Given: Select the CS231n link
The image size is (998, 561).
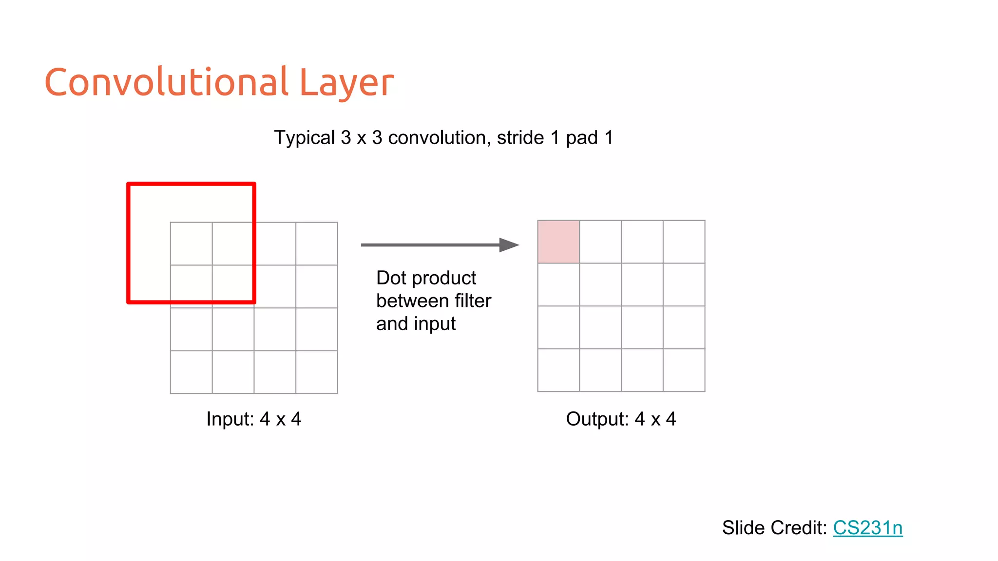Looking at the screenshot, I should [867, 528].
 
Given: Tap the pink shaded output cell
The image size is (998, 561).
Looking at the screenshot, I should [558, 242].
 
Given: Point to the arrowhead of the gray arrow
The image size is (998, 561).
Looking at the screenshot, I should [510, 245].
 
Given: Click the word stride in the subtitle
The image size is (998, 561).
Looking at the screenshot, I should [520, 138].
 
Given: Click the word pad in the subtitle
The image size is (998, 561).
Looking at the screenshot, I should [581, 138].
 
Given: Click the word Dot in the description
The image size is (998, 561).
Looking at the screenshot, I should [391, 278].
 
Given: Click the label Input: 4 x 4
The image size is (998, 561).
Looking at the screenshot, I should [253, 419].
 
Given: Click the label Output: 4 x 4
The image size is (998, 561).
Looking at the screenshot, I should [621, 419].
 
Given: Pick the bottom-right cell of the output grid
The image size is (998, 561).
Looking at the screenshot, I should [684, 370].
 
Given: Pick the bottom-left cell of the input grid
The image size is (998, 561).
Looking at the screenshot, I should [191, 372].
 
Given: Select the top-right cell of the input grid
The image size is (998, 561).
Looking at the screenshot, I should [317, 243].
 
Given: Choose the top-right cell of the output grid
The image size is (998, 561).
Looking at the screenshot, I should [684, 242].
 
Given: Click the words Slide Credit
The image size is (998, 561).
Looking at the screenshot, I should [774, 528].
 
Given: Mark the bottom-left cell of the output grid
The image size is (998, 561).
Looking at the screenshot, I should [558, 370].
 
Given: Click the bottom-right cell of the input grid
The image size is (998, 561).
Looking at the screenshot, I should [317, 372].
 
